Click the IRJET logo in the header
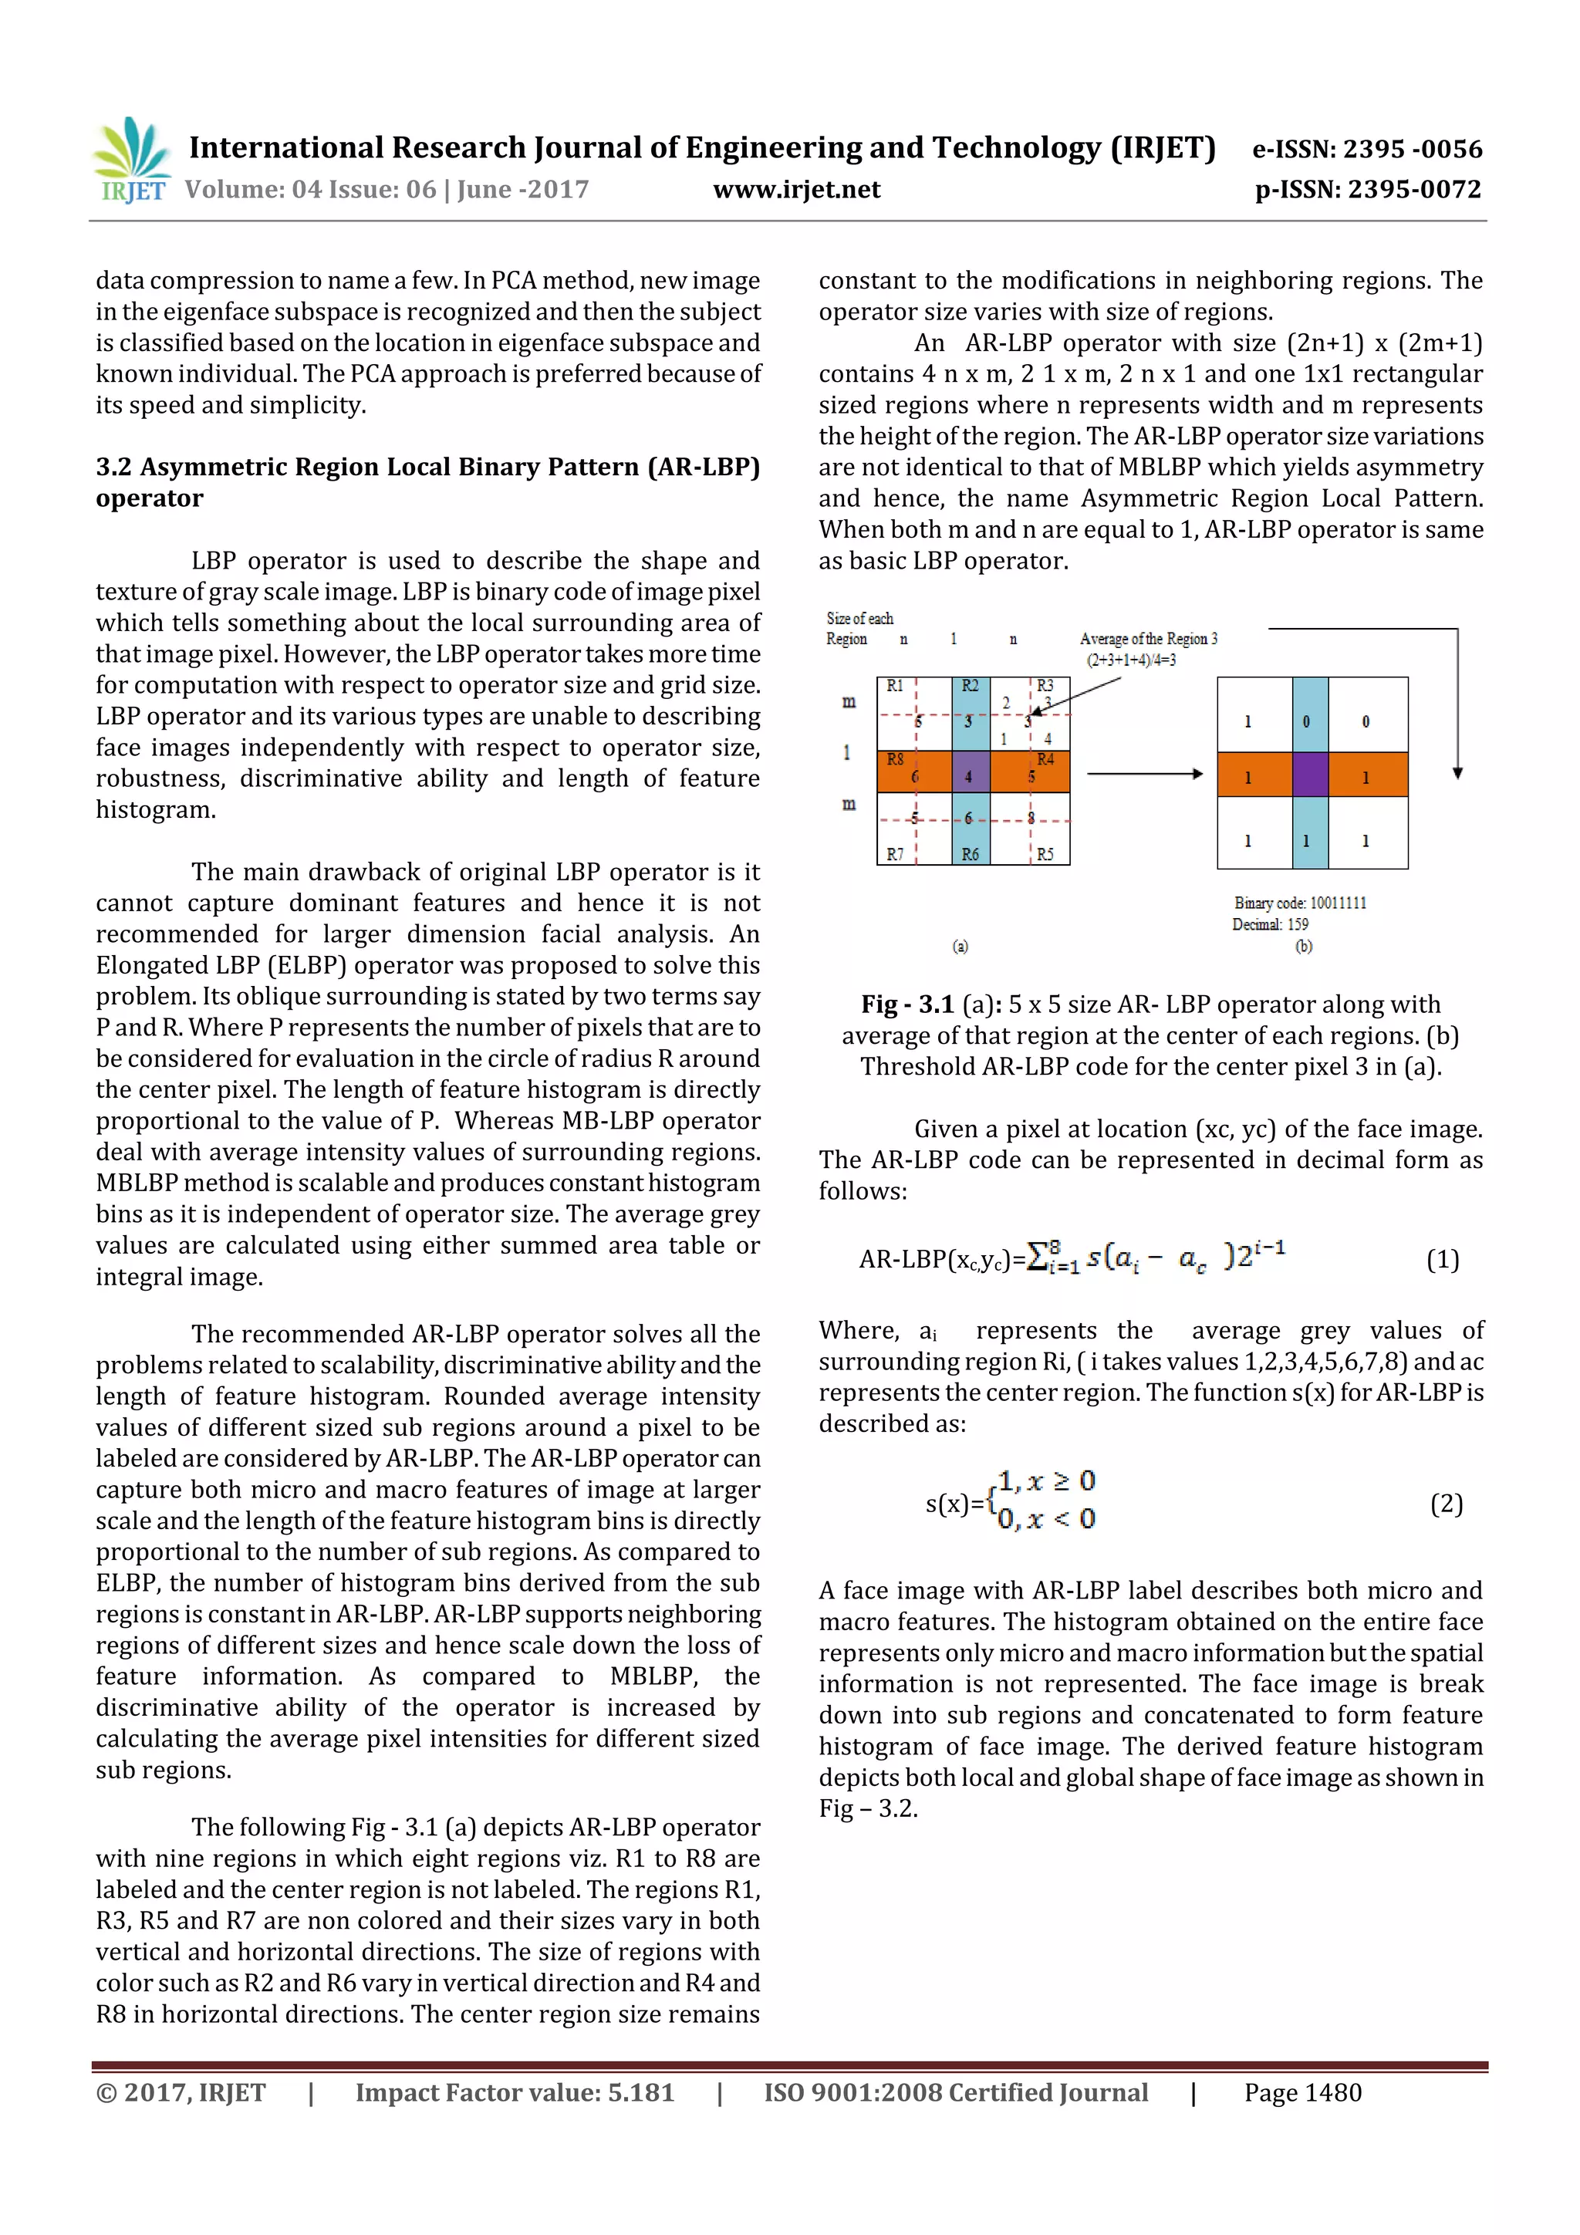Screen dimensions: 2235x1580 pyautogui.click(x=131, y=160)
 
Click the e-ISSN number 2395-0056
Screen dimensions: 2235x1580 pyautogui.click(x=1412, y=149)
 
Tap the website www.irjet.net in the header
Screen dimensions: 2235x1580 pyautogui.click(x=796, y=189)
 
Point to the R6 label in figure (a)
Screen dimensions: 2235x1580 pyautogui.click(x=971, y=854)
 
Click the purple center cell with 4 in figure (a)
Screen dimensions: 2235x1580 pyautogui.click(x=970, y=776)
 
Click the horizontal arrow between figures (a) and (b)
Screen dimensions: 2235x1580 pyautogui.click(x=1145, y=774)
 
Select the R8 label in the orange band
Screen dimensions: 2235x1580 pyautogui.click(x=895, y=759)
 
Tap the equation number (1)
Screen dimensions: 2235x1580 pyautogui.click(x=1442, y=1260)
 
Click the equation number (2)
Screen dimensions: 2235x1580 pyautogui.click(x=1446, y=1504)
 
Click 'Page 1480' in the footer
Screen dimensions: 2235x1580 pyautogui.click(x=1301, y=2092)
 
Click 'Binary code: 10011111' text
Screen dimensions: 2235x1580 pyautogui.click(x=1300, y=903)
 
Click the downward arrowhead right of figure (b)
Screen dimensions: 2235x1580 pyautogui.click(x=1457, y=773)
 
